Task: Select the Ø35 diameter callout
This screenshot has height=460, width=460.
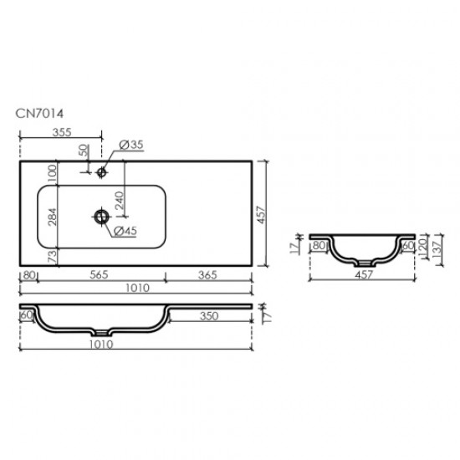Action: (x=132, y=146)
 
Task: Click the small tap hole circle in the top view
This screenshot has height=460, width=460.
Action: (x=101, y=173)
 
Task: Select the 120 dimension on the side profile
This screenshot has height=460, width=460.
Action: (x=424, y=246)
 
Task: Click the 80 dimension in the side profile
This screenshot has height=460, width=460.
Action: (x=319, y=246)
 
